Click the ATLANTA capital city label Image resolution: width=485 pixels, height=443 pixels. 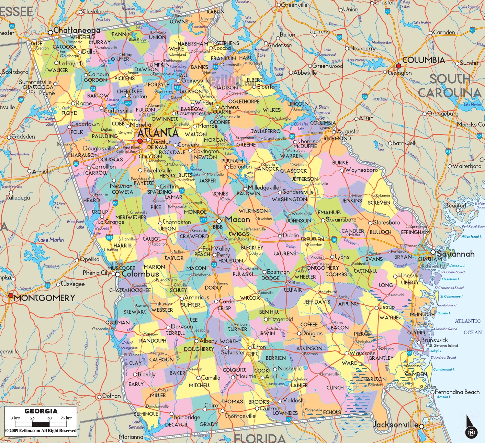coord(158,133)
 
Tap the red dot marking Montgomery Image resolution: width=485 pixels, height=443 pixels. coord(11,295)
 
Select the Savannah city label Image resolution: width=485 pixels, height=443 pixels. coord(455,254)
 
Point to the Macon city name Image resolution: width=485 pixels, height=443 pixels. coord(238,219)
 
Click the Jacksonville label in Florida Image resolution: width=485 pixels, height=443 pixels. coord(395,425)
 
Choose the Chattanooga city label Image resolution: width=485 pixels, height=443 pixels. coord(77,30)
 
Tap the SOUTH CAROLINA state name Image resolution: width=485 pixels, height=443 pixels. coord(450,86)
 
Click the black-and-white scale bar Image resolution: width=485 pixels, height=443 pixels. coord(41,424)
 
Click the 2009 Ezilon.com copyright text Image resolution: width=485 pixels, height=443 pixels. coord(41,431)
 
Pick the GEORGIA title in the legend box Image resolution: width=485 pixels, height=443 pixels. coord(41,411)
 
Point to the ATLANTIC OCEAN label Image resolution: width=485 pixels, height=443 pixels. coord(468,326)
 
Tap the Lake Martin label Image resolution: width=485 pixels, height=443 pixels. coord(51,240)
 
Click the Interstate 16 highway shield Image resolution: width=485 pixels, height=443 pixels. coord(334,239)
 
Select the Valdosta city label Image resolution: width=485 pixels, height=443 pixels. coord(294,400)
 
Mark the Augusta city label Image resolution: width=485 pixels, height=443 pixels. coord(348,131)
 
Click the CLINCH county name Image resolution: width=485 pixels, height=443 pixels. coord(335,388)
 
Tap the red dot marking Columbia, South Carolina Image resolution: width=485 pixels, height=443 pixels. coord(398,66)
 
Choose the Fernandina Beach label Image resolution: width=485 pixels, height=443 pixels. coord(457,392)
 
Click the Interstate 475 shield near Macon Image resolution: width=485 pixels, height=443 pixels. coord(203,219)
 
